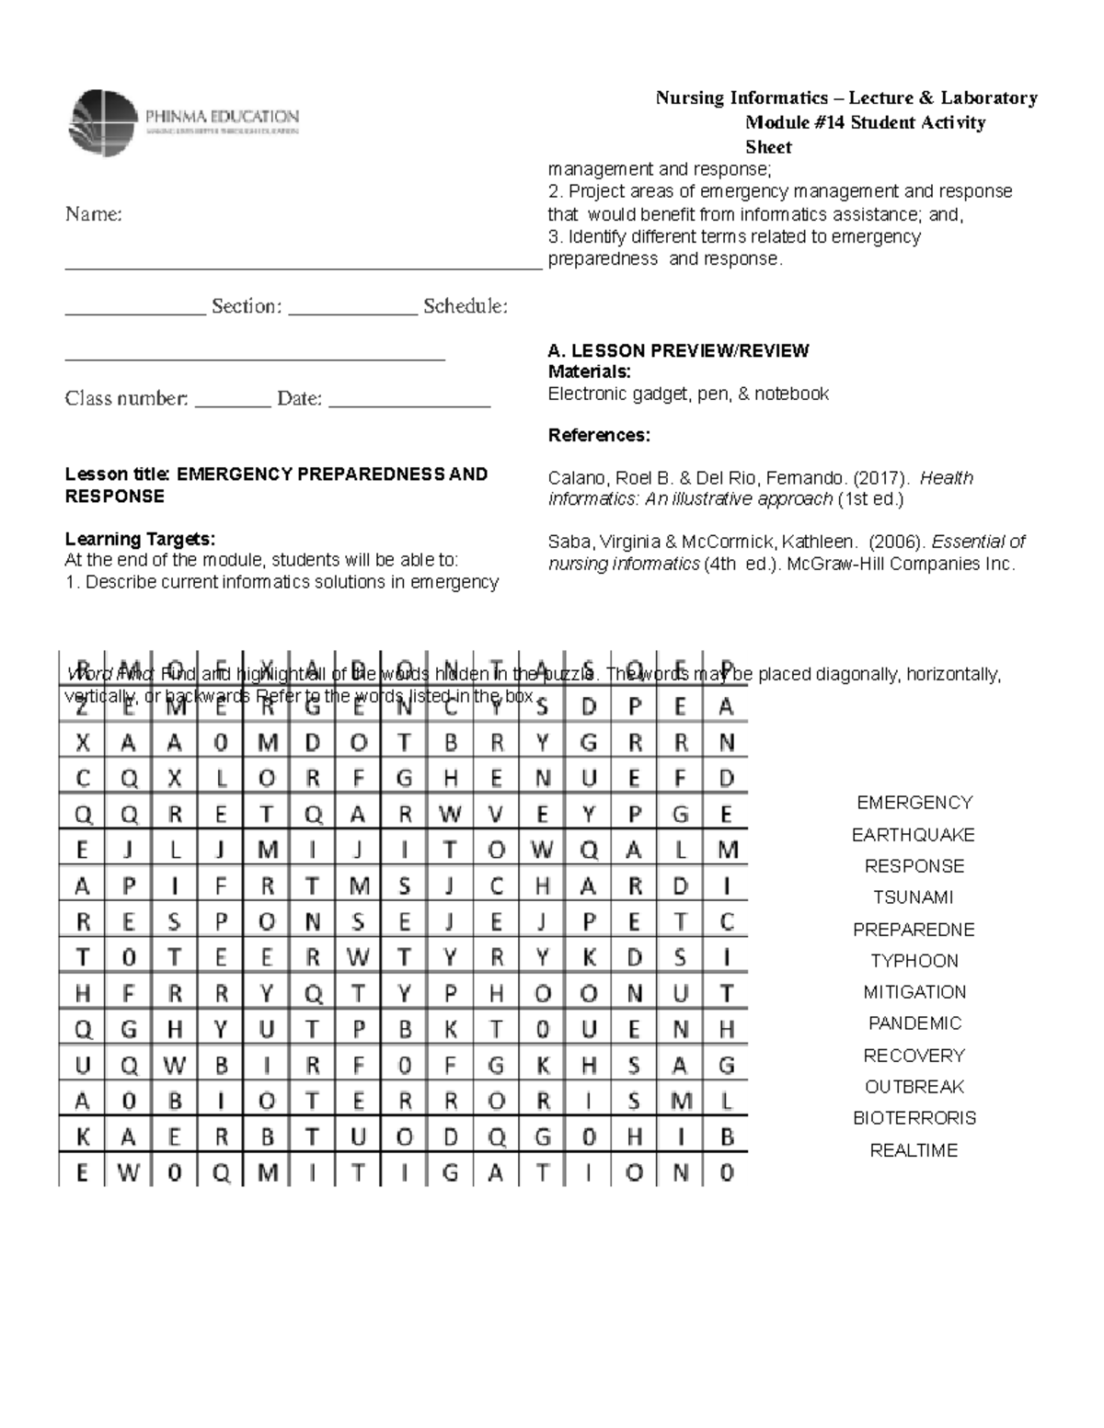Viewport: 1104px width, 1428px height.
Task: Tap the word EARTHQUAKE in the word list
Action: point(913,835)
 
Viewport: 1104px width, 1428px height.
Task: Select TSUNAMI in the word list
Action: point(913,897)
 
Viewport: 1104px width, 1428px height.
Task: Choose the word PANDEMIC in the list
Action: point(914,1023)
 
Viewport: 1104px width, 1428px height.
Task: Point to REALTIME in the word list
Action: point(914,1150)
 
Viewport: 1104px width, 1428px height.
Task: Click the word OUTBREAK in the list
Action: point(914,1087)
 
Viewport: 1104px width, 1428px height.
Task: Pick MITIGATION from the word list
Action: point(914,992)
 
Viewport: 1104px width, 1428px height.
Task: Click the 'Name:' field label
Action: point(93,214)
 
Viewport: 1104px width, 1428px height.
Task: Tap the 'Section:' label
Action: point(246,306)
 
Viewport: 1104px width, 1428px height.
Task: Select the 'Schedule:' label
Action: point(465,306)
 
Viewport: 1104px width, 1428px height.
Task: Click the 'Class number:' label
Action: point(126,399)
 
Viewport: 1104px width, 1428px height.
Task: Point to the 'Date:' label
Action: point(299,399)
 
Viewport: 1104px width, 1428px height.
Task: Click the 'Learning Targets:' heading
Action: point(140,539)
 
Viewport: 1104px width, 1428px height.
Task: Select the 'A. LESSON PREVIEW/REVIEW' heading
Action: point(678,350)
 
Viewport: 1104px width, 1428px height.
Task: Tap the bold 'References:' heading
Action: point(599,435)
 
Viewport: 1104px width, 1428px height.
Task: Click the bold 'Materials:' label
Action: point(589,371)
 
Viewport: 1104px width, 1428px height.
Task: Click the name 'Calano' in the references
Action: point(576,478)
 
